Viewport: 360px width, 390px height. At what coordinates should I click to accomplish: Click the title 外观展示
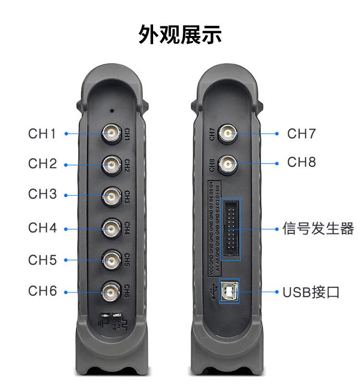click(180, 35)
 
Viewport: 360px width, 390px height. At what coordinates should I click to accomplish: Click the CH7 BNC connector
click(228, 133)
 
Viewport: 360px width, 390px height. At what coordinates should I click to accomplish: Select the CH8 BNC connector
click(228, 164)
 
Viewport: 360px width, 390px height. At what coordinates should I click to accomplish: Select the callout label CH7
click(302, 134)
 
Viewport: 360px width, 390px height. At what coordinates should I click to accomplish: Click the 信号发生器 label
click(318, 229)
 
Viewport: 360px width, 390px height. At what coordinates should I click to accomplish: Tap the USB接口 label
click(311, 292)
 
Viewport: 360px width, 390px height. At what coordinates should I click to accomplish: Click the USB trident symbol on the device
click(212, 291)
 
